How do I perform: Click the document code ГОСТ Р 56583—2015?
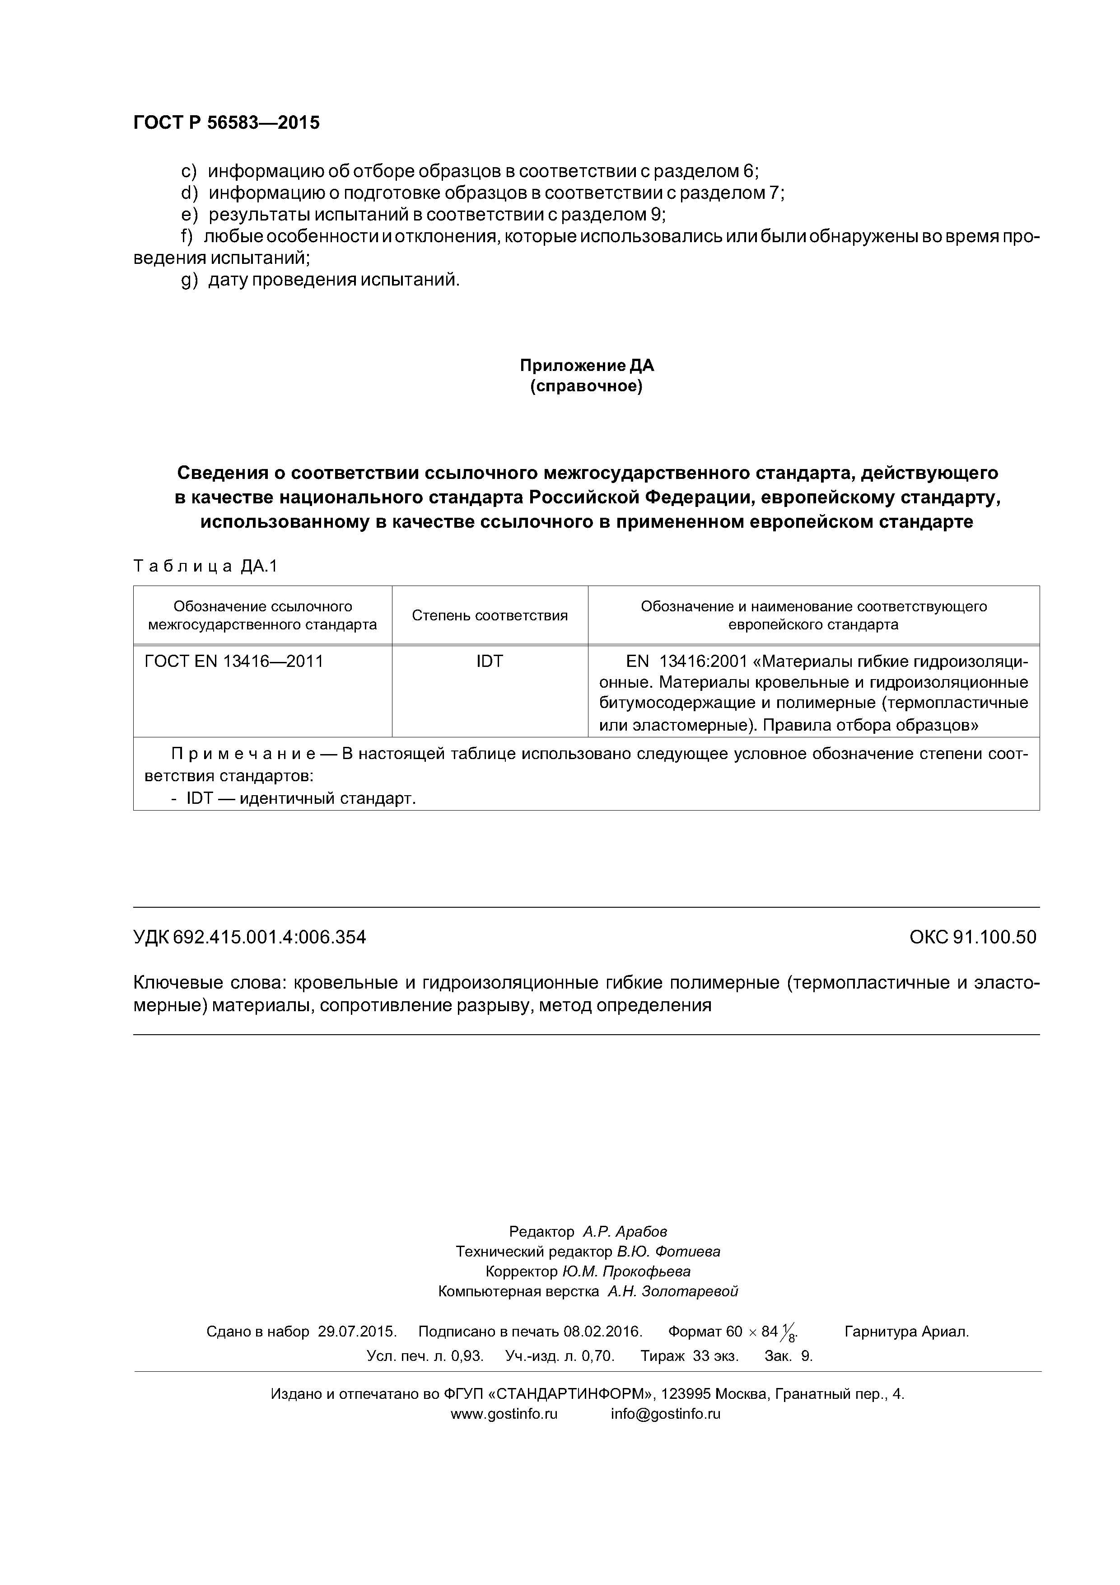226,123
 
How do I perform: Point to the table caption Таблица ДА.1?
205,567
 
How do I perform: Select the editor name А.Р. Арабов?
625,1232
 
